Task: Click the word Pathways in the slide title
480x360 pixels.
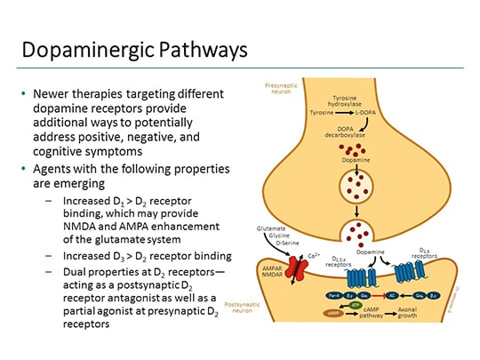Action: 199,50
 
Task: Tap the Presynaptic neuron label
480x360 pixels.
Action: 278,89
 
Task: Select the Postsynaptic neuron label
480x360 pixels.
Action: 244,307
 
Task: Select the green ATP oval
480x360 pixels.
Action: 356,305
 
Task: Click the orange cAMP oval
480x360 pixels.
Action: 333,314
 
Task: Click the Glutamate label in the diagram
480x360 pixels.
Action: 275,228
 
